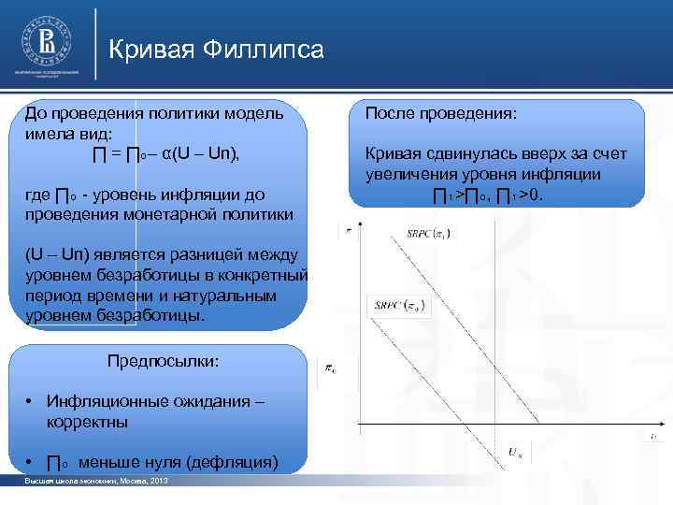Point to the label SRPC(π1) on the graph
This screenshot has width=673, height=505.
(428, 232)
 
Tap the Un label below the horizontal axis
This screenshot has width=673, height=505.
(516, 452)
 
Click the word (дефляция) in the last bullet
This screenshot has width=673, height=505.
(233, 462)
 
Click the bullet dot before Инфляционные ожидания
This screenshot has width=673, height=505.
(31, 402)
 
